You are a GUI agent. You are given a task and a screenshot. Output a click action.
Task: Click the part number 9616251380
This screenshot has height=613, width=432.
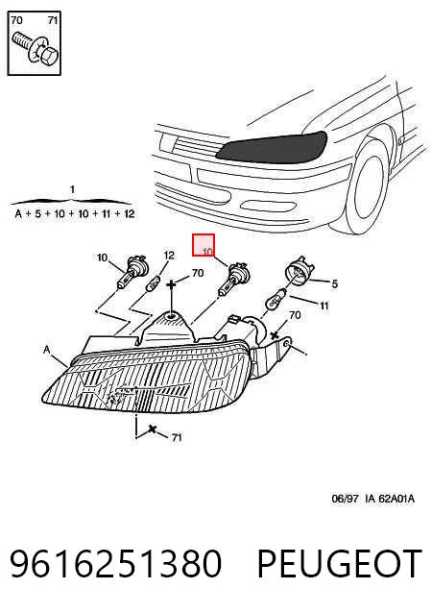pyautogui.click(x=115, y=563)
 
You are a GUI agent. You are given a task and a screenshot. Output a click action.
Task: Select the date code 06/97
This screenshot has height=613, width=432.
pyautogui.click(x=345, y=499)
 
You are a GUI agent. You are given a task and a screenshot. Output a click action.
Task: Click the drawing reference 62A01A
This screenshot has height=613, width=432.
pyautogui.click(x=396, y=499)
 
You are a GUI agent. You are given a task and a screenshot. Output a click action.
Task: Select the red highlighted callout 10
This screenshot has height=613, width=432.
pyautogui.click(x=204, y=245)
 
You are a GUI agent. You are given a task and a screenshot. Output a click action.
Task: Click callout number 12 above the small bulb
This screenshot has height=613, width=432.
pyautogui.click(x=169, y=256)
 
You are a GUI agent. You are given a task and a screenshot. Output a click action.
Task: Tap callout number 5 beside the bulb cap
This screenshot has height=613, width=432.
pyautogui.click(x=334, y=283)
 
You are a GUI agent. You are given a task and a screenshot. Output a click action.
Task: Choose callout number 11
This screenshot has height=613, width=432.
pyautogui.click(x=324, y=306)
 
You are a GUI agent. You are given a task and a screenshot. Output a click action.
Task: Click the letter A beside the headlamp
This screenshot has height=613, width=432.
pyautogui.click(x=47, y=349)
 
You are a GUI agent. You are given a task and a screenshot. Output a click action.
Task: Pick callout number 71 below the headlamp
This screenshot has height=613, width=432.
pyautogui.click(x=177, y=436)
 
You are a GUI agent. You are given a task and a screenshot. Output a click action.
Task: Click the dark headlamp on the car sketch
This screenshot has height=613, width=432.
pyautogui.click(x=272, y=148)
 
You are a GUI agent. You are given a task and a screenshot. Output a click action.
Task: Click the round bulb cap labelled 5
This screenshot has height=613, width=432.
pyautogui.click(x=299, y=270)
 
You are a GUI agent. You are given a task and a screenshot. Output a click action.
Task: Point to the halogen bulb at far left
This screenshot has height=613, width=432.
pyautogui.click(x=131, y=272)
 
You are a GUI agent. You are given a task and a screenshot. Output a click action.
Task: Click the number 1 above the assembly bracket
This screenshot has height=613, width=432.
pyautogui.click(x=72, y=190)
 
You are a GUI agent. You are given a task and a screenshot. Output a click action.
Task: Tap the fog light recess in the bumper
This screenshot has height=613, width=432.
pyautogui.click(x=264, y=206)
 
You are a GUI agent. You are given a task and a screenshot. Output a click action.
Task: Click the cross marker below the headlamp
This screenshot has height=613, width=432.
pyautogui.click(x=153, y=429)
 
